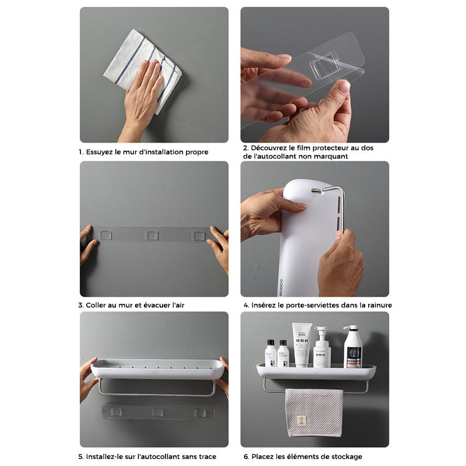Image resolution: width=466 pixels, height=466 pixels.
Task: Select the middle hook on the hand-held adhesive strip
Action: coord(152,235)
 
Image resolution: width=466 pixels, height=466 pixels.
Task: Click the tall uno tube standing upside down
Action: coord(302,344)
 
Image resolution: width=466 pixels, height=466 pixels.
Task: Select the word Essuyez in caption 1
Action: coord(101,152)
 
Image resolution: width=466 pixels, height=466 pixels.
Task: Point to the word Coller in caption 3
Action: coord(97,305)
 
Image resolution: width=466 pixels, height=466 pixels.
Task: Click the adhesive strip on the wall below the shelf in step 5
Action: coord(157,412)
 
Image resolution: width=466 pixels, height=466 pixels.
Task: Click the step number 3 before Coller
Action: coord(80,305)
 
